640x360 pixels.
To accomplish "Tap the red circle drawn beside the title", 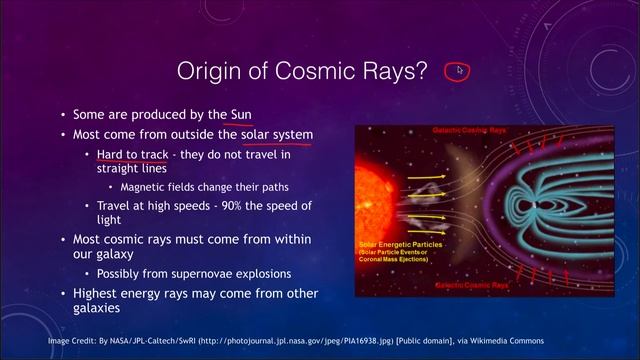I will point(460,70).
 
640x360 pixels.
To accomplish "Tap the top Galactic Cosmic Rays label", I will point(469,131).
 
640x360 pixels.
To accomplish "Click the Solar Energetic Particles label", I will point(396,245).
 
